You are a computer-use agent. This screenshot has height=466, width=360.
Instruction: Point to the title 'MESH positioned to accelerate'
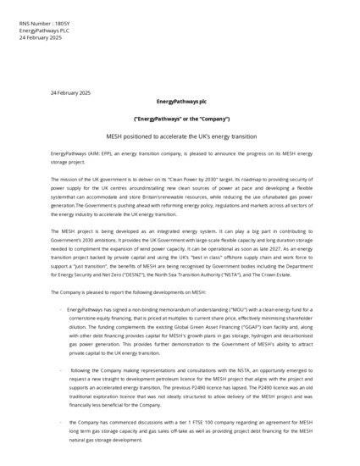(x=180, y=136)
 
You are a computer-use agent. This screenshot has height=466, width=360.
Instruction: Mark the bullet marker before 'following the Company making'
(x=60, y=371)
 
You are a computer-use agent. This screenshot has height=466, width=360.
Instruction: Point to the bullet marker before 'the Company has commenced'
(x=60, y=422)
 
